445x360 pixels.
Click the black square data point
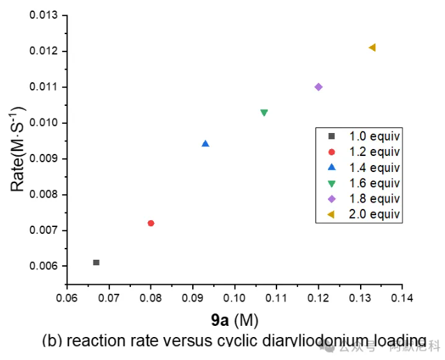tap(96, 263)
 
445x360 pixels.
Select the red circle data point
tap(150, 223)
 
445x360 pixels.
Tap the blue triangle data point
tap(205, 143)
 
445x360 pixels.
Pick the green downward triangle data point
tap(264, 112)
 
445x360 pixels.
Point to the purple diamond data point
tap(318, 87)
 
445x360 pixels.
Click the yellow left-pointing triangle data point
tap(372, 47)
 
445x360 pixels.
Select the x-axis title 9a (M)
tap(234, 320)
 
